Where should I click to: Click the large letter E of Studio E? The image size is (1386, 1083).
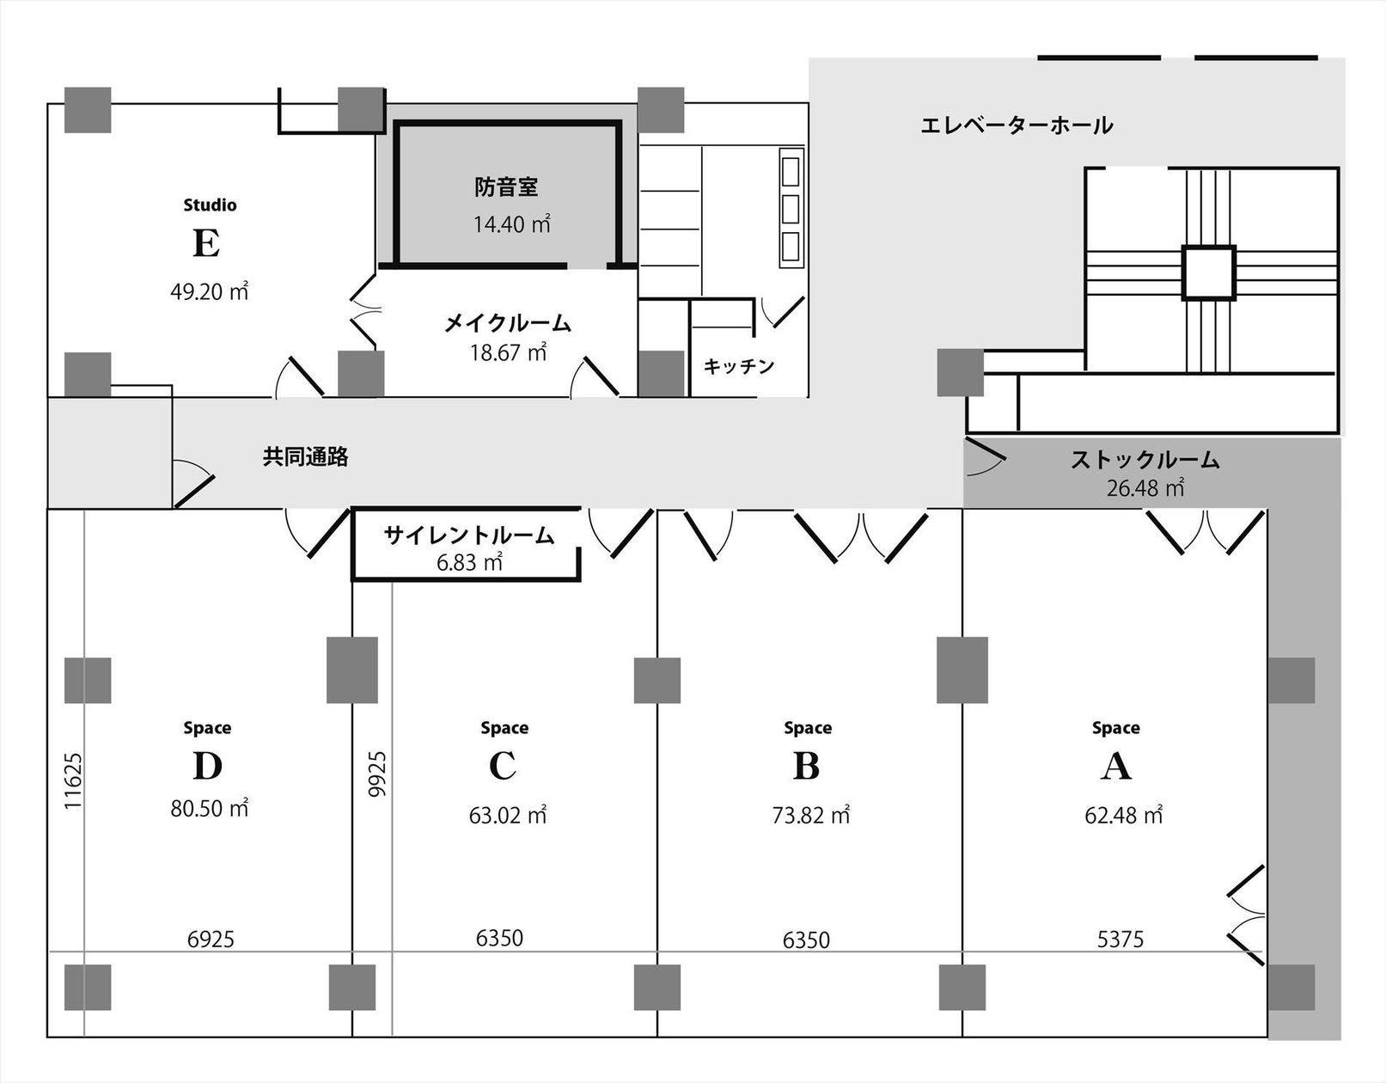pos(206,244)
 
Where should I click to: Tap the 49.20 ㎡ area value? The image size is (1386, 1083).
pos(209,292)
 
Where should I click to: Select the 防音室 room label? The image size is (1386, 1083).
pos(506,187)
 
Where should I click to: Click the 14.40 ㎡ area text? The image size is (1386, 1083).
pos(511,224)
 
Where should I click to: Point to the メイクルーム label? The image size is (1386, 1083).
pos(507,324)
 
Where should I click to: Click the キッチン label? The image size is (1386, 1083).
pos(739,366)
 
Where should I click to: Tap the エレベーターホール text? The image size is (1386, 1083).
pos(1017,126)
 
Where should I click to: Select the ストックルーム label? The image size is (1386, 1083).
pos(1145,460)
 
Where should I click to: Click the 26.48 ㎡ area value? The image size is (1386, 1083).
pos(1145,489)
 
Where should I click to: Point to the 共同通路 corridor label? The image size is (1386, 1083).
pos(306,457)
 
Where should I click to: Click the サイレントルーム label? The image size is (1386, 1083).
pos(469,535)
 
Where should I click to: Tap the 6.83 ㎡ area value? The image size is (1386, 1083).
pos(469,563)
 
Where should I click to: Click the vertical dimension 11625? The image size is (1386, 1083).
pos(74,780)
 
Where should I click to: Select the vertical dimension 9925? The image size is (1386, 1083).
pos(377,774)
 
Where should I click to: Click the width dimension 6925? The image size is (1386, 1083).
pos(211,939)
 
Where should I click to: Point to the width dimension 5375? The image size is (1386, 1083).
pos(1120,939)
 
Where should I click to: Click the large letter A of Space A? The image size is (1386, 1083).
pos(1115,767)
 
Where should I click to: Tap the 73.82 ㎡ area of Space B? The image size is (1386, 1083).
pos(810,815)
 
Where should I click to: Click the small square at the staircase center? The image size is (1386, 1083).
pos(1208,272)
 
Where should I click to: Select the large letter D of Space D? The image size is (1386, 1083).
pos(207,767)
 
